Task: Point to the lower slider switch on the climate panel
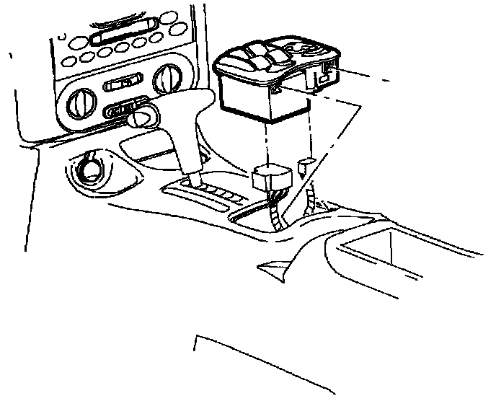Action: point(121,111)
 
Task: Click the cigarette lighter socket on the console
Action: point(92,170)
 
